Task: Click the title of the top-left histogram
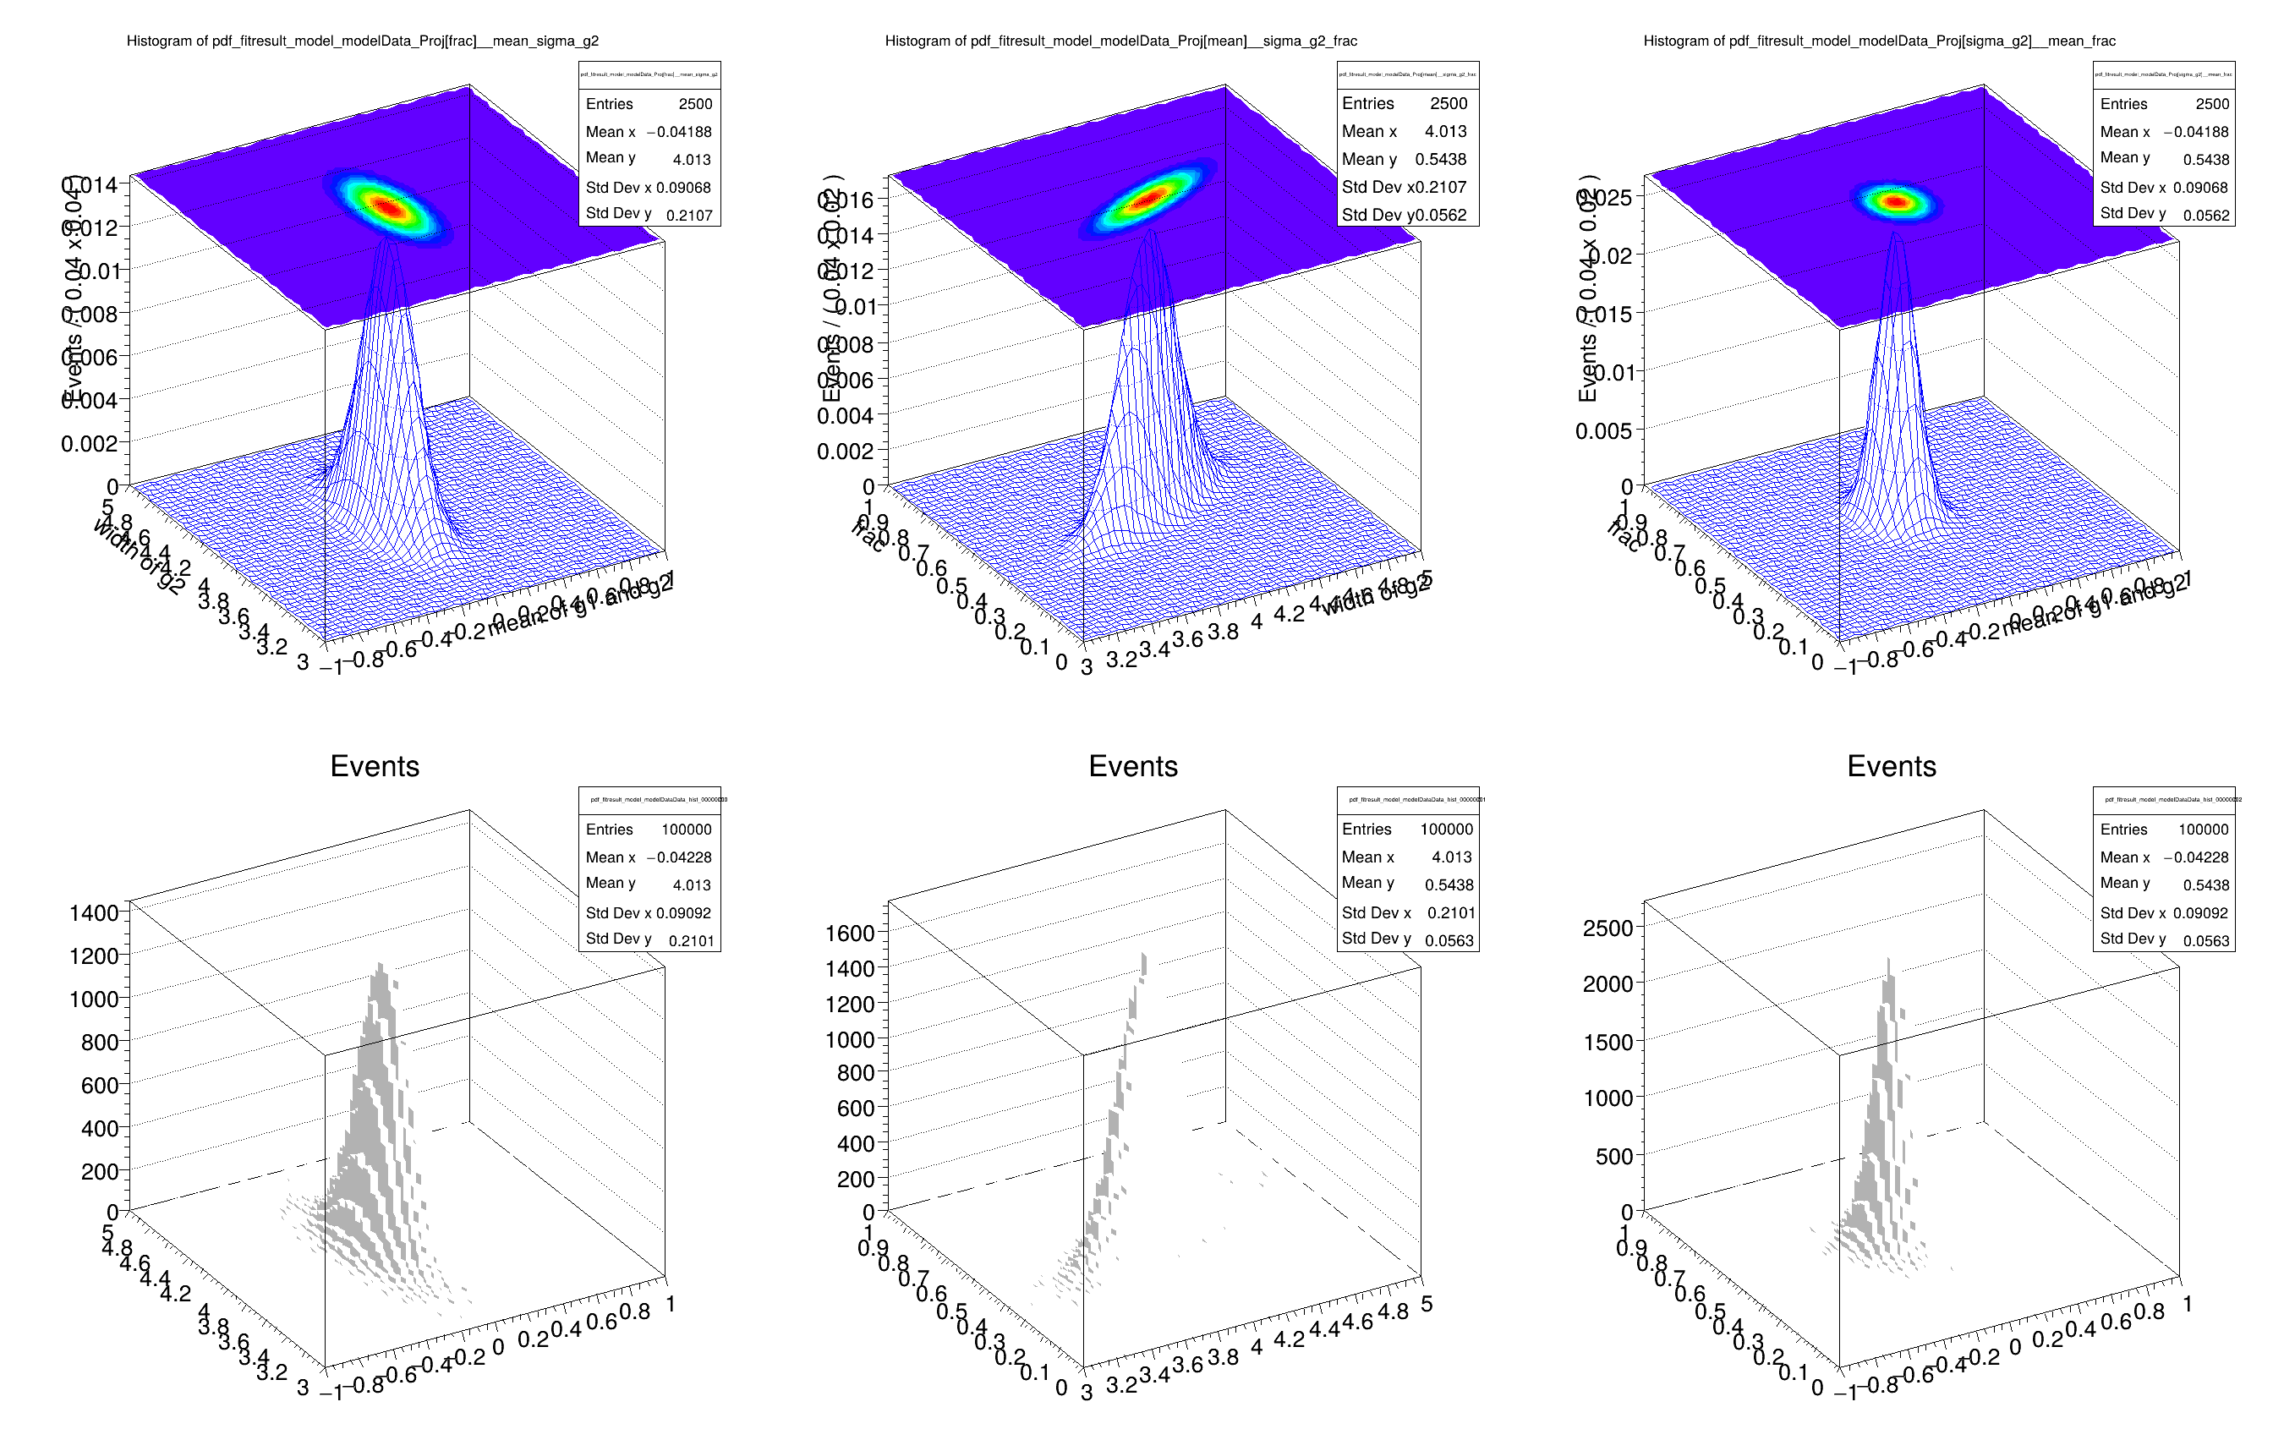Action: click(363, 41)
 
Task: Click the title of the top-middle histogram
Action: click(1120, 41)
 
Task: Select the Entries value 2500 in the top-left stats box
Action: click(695, 104)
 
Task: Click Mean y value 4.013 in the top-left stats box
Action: click(691, 160)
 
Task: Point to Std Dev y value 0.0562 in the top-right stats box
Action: click(2205, 216)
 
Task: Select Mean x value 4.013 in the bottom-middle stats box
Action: click(1451, 857)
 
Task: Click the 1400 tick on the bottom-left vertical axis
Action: click(94, 913)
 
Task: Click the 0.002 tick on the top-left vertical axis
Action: click(89, 444)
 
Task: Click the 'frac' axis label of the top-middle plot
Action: click(868, 536)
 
